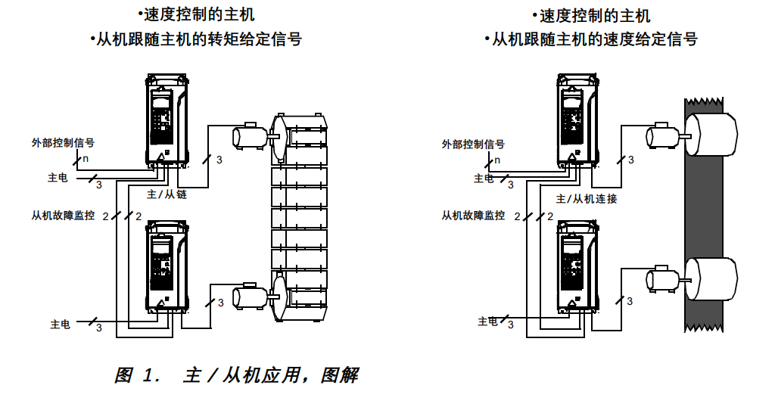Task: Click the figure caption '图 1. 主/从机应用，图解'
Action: pyautogui.click(x=236, y=375)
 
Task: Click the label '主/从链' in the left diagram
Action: pyautogui.click(x=167, y=194)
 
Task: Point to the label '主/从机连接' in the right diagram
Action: pyautogui.click(x=586, y=199)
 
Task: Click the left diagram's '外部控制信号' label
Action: pyautogui.click(x=63, y=142)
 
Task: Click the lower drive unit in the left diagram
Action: pyautogui.click(x=165, y=266)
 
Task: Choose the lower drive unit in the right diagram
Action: pyautogui.click(x=576, y=266)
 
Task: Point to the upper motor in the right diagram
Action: pyautogui.click(x=661, y=136)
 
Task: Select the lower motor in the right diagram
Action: pyautogui.click(x=661, y=279)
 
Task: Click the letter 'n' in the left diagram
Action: pyautogui.click(x=85, y=159)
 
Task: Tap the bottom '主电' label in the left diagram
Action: pyautogui.click(x=61, y=325)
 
